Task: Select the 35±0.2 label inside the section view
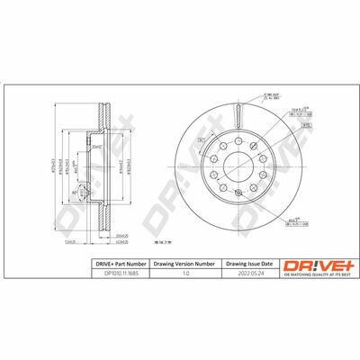96,147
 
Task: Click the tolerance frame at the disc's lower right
293,221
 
